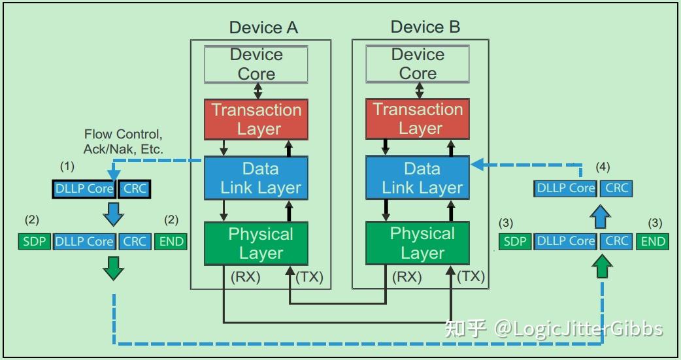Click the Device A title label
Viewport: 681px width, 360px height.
[x=263, y=27]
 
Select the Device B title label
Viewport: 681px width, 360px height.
[x=425, y=27]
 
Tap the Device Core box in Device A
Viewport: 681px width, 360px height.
[x=256, y=64]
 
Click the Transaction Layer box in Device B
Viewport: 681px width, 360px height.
[x=418, y=119]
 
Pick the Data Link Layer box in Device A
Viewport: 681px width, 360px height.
[x=256, y=178]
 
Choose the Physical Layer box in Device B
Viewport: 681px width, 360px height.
[x=418, y=243]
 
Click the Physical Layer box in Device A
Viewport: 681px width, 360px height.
[x=256, y=243]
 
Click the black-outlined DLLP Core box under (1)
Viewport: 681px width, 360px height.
[x=84, y=189]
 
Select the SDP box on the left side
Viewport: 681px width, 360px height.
[x=34, y=241]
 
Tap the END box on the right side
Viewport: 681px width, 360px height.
[x=652, y=241]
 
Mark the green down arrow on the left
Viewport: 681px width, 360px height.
[x=114, y=268]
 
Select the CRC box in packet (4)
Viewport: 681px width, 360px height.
[x=616, y=188]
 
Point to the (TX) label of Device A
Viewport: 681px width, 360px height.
[x=310, y=277]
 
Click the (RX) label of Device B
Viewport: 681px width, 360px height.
[x=407, y=277]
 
